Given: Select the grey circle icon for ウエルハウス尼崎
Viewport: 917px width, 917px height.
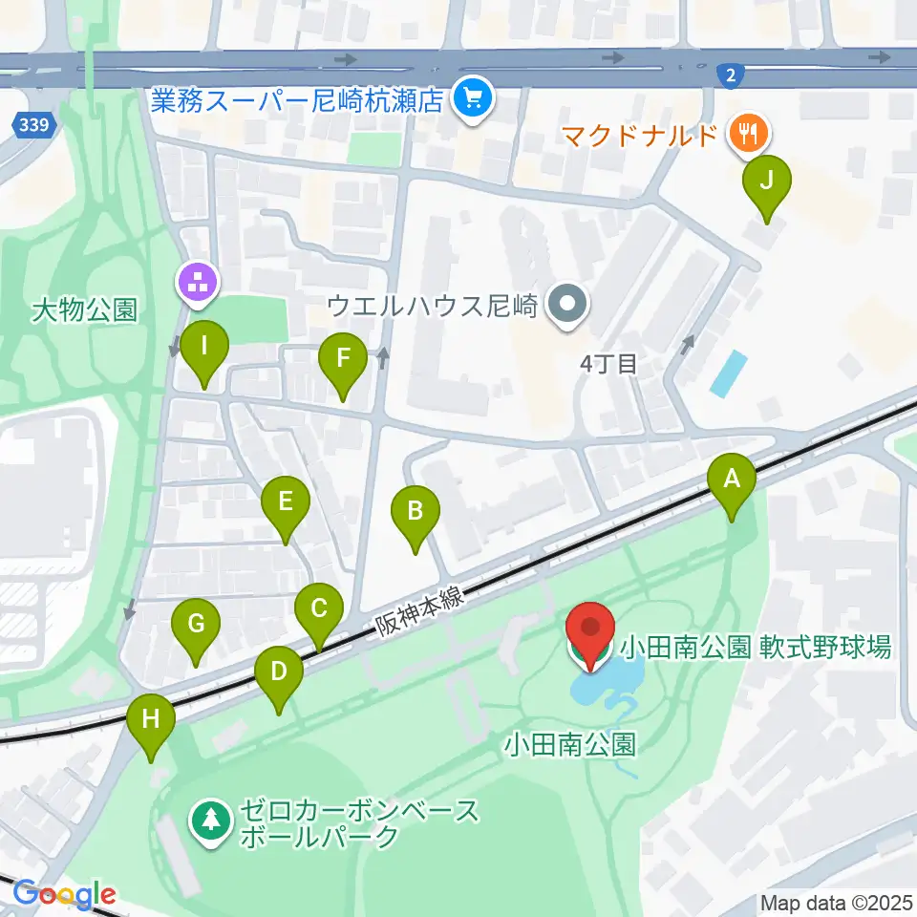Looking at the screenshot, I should (569, 306).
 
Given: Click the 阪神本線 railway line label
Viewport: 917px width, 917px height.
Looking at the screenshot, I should (418, 611).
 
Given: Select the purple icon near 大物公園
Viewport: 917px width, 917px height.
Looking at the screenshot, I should (198, 282).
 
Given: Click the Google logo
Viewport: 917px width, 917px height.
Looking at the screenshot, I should (64, 894).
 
